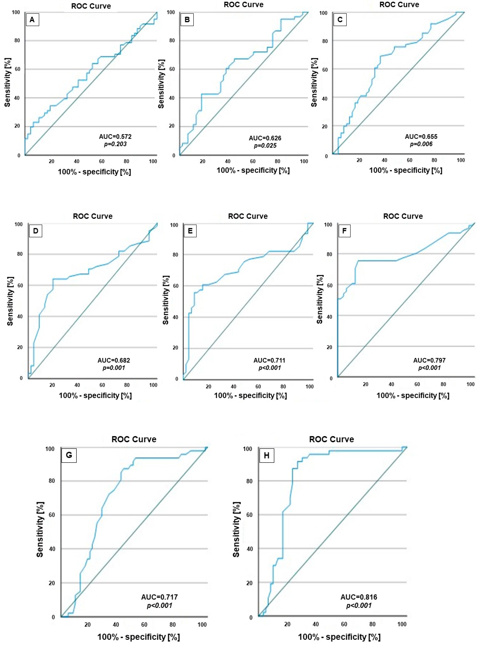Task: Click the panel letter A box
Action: (32, 20)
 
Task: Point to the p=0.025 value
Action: (265, 146)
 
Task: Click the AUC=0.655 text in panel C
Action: (421, 137)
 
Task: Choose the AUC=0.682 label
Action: (114, 360)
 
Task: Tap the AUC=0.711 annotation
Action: (269, 360)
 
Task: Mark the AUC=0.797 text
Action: (429, 360)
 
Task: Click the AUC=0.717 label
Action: (159, 597)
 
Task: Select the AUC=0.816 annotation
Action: (359, 597)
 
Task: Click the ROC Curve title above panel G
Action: (134, 439)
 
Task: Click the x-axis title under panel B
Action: (253, 170)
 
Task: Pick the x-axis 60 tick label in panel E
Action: (258, 387)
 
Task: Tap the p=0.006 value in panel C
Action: (421, 144)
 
